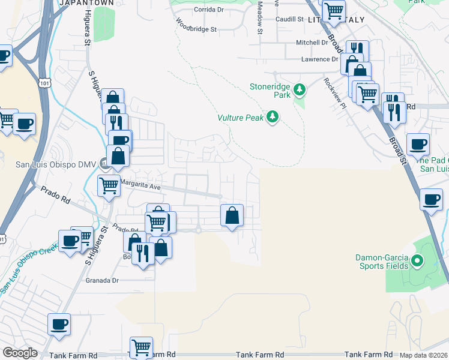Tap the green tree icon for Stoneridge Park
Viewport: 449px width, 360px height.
[300, 90]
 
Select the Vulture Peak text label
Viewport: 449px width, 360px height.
[240, 118]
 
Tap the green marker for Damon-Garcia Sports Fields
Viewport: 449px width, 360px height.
[419, 261]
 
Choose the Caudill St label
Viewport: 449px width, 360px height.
[289, 19]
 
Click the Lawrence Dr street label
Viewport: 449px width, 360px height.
[319, 59]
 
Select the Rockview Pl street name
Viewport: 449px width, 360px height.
[335, 92]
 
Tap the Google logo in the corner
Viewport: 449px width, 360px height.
[20, 352]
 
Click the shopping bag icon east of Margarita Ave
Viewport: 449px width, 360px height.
[232, 215]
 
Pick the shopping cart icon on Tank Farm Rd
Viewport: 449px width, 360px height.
[141, 347]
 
